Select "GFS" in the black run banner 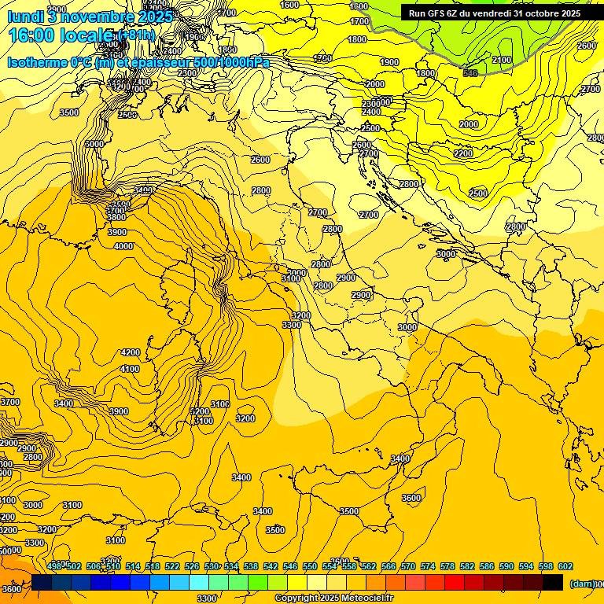pos(439,13)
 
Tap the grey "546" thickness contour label pos(470,73)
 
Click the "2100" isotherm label pos(501,61)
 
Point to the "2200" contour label pos(463,153)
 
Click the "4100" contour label pos(130,369)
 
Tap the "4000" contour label pos(123,247)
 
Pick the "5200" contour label pos(200,411)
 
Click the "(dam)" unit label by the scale pos(582,584)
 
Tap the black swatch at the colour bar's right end pos(553,582)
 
